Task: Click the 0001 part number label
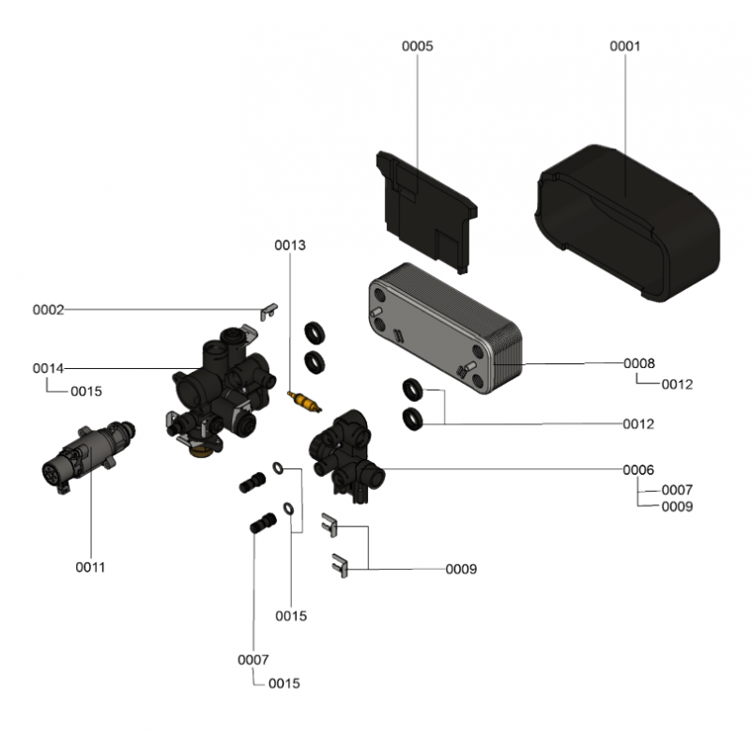coord(624,45)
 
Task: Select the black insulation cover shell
coord(627,225)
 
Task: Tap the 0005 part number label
coord(417,45)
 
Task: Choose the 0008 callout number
coord(639,363)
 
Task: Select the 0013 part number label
coord(290,245)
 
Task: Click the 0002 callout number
coord(48,310)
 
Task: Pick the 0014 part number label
coord(48,368)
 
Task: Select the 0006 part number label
coord(639,469)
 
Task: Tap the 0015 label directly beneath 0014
coord(86,391)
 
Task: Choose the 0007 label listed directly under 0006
coord(677,490)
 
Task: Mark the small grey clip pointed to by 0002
coord(268,310)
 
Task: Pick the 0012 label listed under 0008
coord(677,384)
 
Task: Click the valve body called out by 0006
coord(347,451)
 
